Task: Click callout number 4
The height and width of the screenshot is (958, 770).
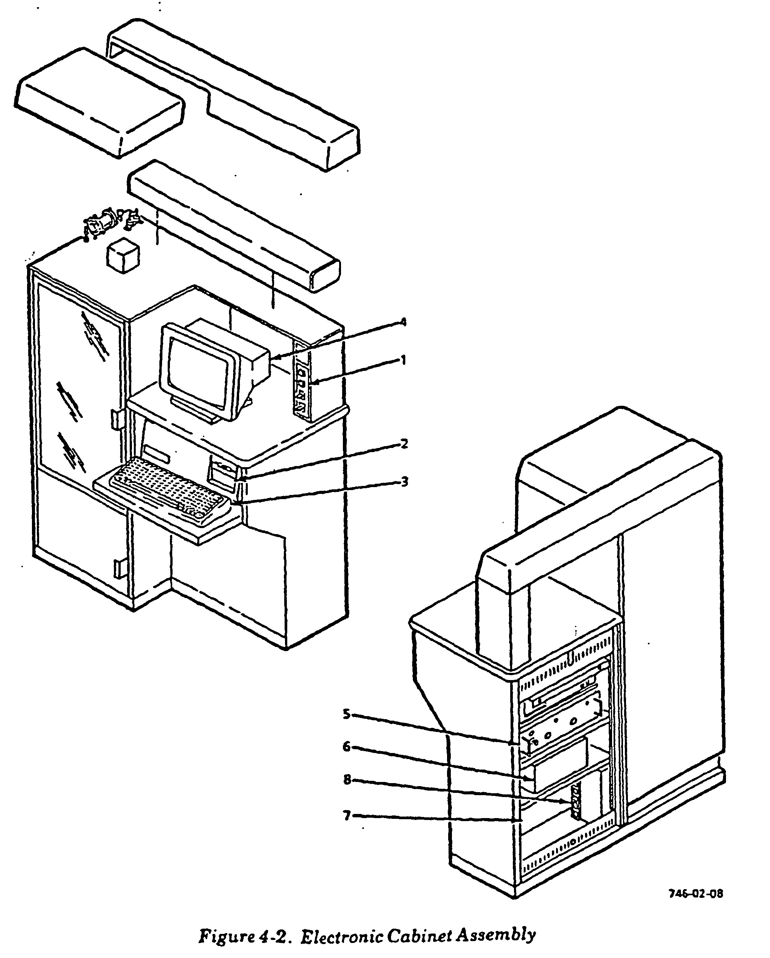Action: (403, 322)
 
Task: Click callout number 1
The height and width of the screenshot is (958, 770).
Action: (403, 360)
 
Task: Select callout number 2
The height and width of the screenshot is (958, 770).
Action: (404, 443)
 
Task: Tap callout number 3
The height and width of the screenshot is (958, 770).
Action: (404, 482)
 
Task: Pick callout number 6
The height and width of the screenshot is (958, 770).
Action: (347, 747)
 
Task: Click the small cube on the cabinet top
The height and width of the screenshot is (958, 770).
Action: (123, 255)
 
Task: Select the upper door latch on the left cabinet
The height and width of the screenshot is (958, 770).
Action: (115, 419)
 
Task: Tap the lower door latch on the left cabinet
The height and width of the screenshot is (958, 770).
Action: (118, 569)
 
